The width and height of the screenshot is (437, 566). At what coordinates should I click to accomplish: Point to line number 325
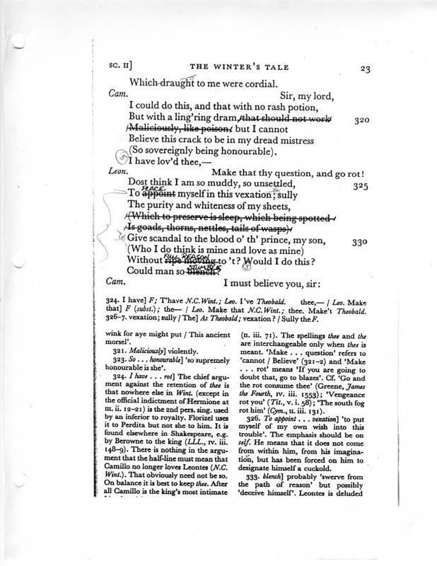361,185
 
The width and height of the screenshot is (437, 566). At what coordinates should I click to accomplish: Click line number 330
361,241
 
